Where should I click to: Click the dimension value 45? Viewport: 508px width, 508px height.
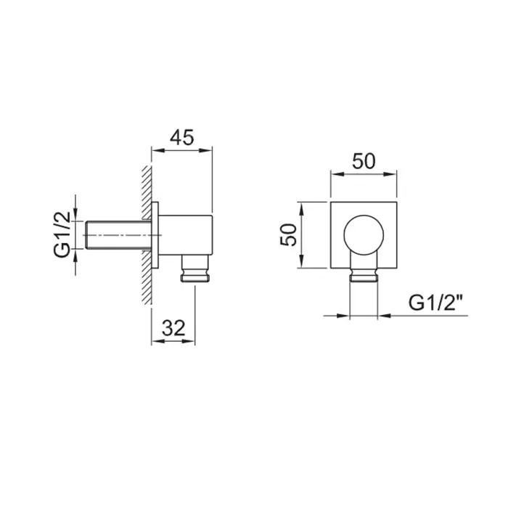181,138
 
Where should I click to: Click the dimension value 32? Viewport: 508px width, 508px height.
173,327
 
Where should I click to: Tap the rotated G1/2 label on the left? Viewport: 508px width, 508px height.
62,234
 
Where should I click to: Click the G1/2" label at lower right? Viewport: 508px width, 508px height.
435,303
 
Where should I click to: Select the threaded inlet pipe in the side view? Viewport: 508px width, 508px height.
118,235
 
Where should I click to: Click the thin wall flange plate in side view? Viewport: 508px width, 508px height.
155,235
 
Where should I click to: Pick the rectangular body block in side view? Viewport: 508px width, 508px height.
185,235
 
